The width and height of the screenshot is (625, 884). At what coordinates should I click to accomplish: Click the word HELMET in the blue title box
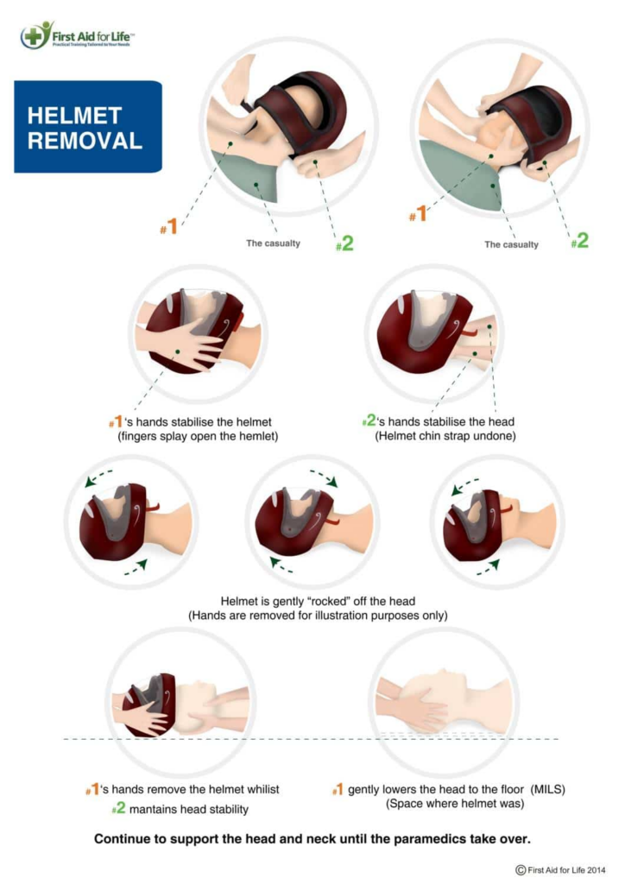pos(74,116)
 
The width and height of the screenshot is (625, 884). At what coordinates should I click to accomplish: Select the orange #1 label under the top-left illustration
pos(168,227)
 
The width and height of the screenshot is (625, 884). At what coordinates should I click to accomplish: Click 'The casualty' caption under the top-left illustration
pos(273,243)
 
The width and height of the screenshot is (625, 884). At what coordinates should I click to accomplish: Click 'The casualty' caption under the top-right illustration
pos(511,244)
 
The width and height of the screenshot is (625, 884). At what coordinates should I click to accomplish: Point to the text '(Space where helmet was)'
pos(444,804)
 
